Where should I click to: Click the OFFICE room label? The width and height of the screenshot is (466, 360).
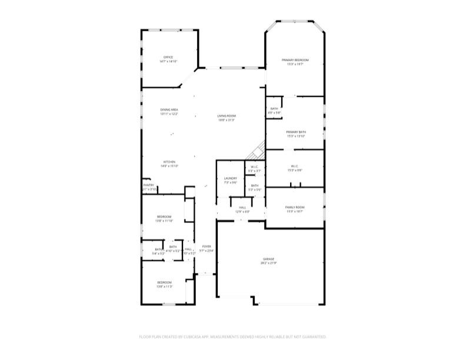coord(168,57)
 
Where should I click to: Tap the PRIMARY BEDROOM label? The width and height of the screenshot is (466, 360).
coord(295,60)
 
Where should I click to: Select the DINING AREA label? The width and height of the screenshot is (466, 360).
coord(169,110)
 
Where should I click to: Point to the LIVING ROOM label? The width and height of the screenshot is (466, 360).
coord(227,116)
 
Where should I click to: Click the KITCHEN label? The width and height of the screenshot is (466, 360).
coord(169,162)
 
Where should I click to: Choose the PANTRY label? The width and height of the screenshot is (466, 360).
coord(148,185)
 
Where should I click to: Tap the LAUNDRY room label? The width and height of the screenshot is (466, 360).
coord(230,178)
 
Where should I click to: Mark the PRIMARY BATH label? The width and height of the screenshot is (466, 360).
coord(295,132)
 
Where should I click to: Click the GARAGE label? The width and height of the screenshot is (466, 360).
coord(268,259)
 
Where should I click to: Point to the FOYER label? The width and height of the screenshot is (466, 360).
coord(206,246)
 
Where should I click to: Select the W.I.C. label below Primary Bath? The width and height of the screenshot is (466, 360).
coord(295,166)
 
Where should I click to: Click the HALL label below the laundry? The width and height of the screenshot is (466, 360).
coord(242,207)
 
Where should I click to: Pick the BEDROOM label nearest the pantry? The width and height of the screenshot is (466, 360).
coord(164,216)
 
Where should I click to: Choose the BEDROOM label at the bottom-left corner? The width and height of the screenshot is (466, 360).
coord(164,282)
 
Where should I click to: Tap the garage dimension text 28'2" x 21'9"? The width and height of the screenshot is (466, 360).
coord(268,263)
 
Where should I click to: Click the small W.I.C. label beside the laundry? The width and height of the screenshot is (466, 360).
coord(254,166)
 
